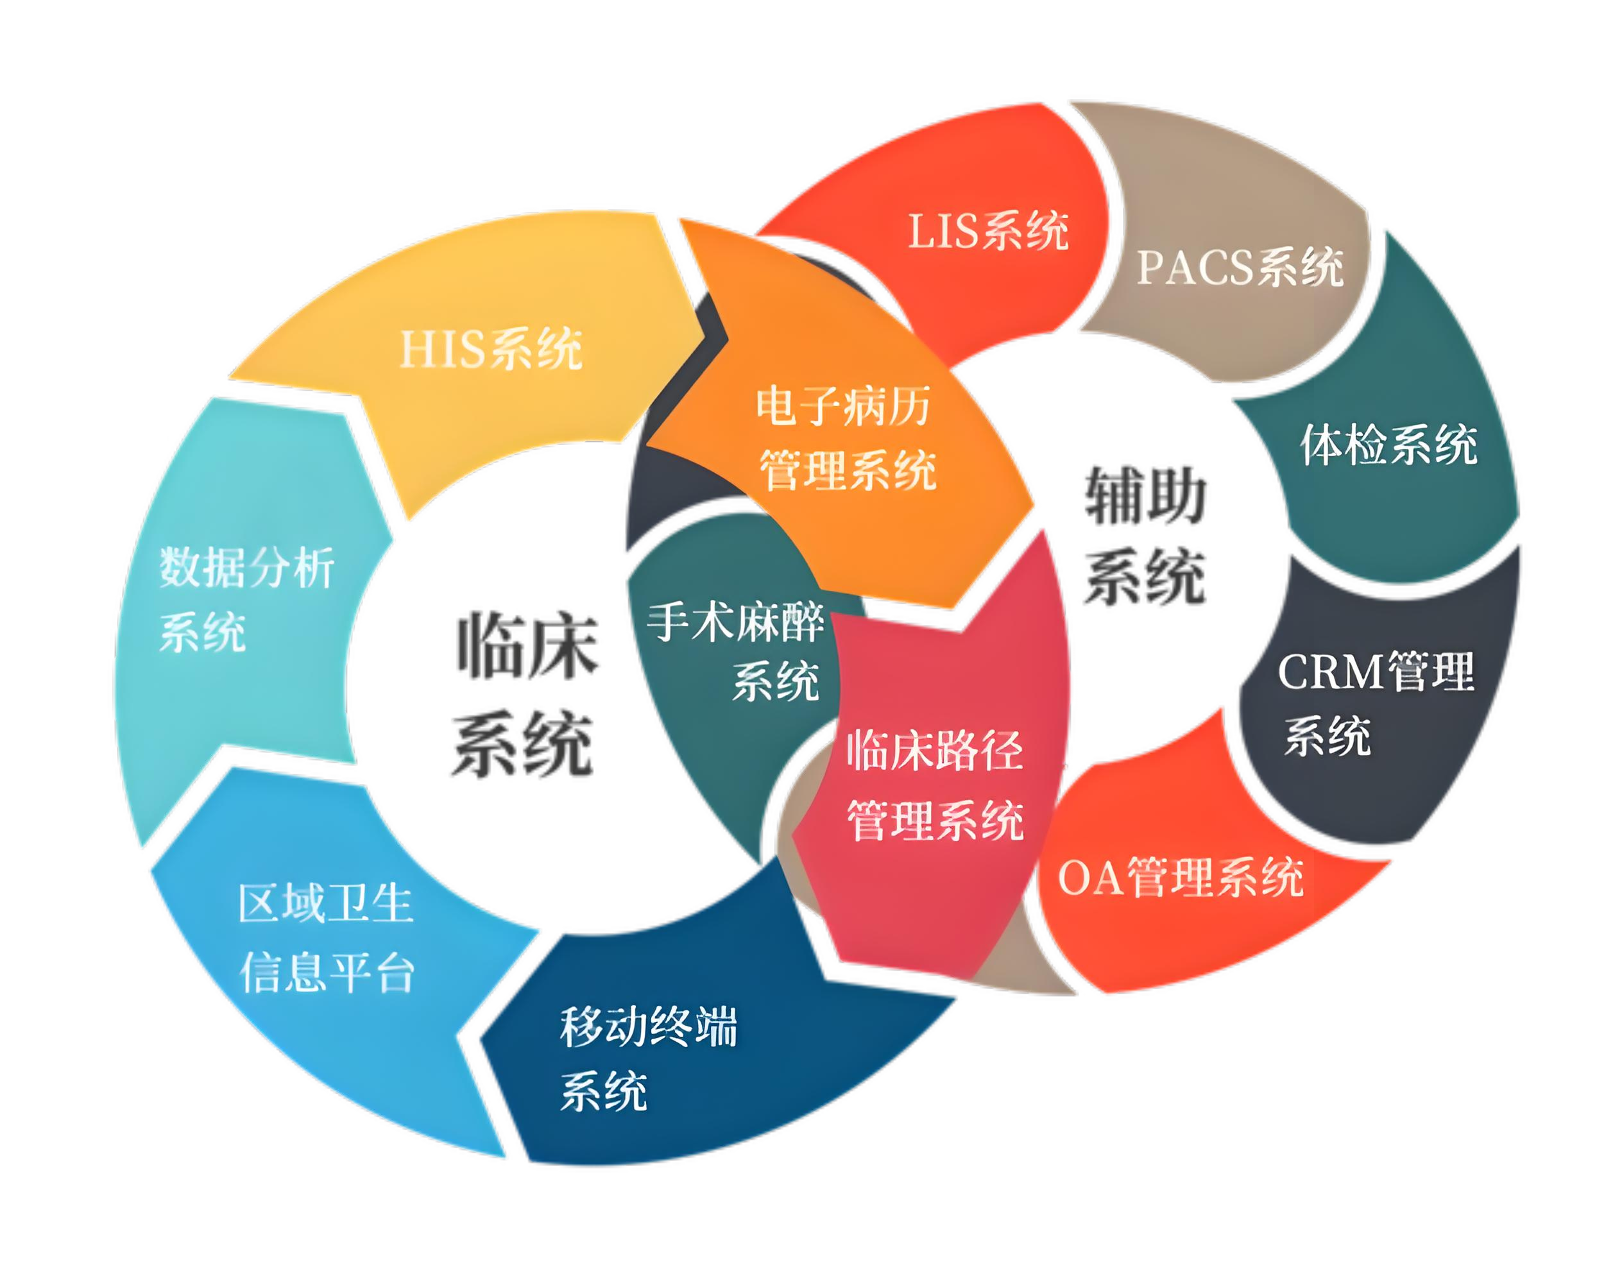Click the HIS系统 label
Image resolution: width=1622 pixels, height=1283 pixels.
click(491, 349)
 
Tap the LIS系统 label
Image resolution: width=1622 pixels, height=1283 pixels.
click(989, 230)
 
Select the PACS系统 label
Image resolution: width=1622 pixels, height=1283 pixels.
click(1240, 268)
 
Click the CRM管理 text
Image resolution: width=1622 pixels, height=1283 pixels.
click(1376, 671)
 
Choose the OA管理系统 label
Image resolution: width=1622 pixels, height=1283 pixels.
click(1181, 877)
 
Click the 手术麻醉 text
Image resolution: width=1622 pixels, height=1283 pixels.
click(735, 622)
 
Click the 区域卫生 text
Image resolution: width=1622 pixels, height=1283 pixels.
click(326, 903)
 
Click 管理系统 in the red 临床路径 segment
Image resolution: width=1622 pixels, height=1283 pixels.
click(935, 820)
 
